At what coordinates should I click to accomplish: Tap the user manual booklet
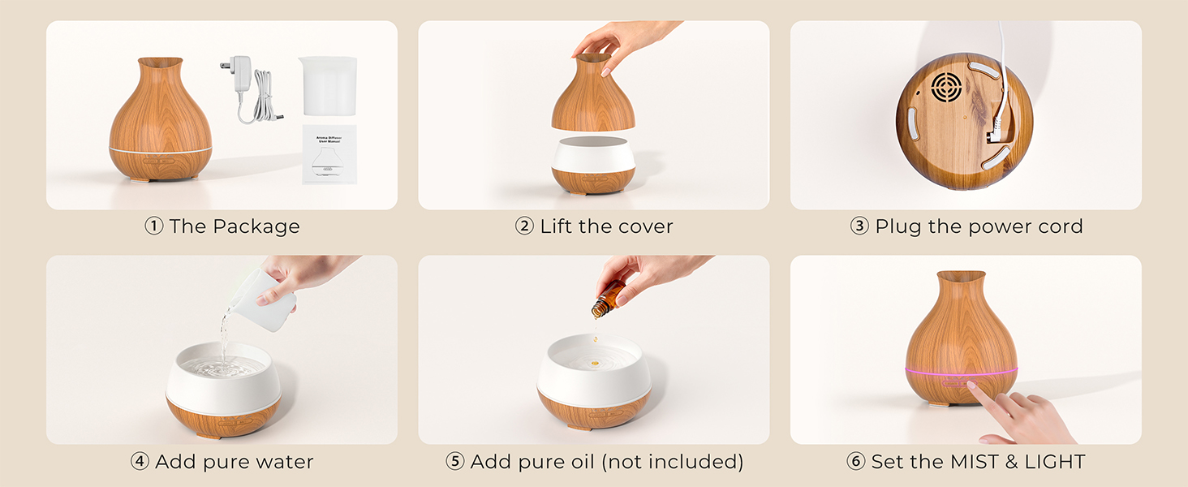[330, 154]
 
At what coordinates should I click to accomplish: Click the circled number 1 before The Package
[154, 226]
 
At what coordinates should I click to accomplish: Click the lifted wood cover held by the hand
[592, 97]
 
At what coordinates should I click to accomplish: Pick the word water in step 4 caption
[284, 462]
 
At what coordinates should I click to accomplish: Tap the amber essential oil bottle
[608, 300]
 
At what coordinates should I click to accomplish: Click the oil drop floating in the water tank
[594, 363]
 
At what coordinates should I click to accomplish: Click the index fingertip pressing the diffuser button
[971, 387]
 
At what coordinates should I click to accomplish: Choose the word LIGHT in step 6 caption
[1054, 462]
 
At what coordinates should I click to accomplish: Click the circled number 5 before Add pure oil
[455, 462]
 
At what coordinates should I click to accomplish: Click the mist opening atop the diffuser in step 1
[161, 62]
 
